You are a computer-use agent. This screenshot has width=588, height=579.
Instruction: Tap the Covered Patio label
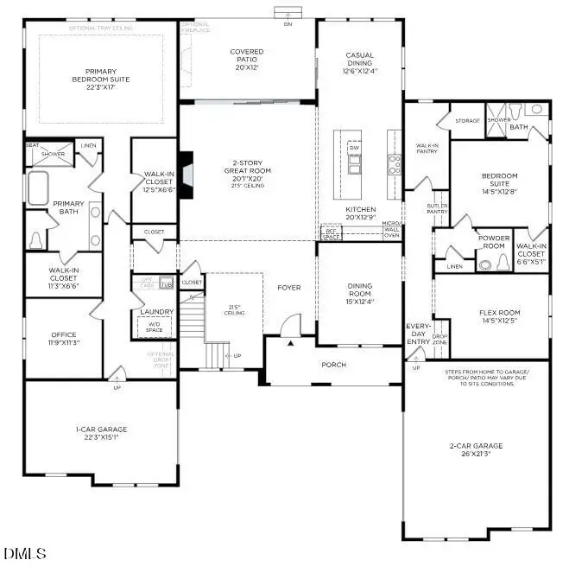coord(246,56)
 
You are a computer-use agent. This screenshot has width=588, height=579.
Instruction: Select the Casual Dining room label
coord(359,60)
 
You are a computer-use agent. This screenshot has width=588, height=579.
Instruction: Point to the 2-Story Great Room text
coord(247,170)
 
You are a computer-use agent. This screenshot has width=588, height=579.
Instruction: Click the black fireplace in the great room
coord(186,164)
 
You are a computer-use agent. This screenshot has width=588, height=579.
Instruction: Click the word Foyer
coord(289,287)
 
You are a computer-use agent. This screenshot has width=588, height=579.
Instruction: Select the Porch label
coord(333,365)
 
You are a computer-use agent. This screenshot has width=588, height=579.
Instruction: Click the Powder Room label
coord(495,241)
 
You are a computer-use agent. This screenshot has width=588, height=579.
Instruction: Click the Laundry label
coord(156,311)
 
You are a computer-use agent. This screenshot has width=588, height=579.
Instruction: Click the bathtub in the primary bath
coord(38,188)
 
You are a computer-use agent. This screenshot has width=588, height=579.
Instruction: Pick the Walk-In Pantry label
coord(427,148)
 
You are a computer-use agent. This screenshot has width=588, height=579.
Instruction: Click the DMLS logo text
coord(26,553)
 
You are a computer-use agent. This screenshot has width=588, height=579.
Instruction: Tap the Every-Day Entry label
coord(419,333)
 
